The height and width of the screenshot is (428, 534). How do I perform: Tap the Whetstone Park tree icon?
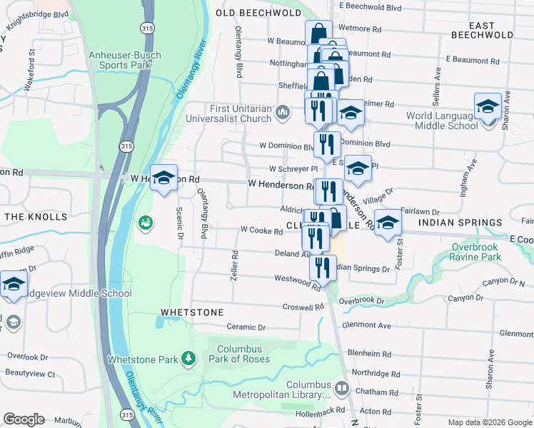[x=188, y=358]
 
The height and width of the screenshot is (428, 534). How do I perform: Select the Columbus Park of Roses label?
[x=238, y=354]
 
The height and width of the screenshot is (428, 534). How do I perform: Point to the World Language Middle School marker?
[x=488, y=107]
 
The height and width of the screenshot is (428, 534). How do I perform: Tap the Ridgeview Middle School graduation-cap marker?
[x=13, y=284]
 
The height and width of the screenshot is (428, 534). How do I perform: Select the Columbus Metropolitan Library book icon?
[x=341, y=389]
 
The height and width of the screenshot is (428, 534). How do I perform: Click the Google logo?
[x=24, y=419]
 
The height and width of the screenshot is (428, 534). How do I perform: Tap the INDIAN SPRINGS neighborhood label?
[x=460, y=223]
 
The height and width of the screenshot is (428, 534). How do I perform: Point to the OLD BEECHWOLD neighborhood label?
[x=258, y=13]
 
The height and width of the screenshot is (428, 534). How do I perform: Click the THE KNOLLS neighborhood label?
[x=36, y=216]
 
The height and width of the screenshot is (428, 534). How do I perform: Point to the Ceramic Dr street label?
[x=246, y=327]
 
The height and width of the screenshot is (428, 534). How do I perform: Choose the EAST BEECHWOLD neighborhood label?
[x=483, y=30]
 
